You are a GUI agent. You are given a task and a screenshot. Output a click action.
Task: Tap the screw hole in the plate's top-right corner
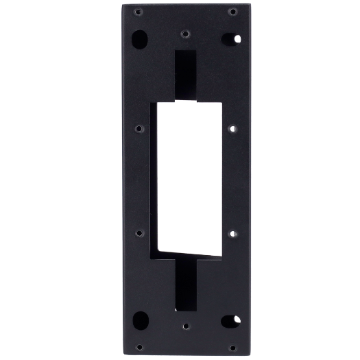pos(233,12)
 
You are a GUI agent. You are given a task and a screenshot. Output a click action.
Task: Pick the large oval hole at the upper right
pos(232,38)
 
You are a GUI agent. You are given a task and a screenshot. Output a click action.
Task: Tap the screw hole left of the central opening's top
pos(139,128)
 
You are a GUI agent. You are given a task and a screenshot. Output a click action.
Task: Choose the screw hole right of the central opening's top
pos(232,128)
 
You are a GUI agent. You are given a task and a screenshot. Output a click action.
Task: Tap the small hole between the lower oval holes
pos(185,328)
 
